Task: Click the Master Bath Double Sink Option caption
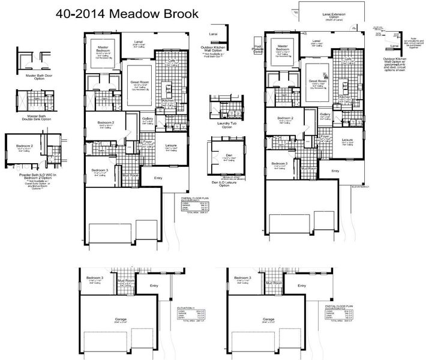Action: [32, 118]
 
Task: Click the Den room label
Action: [229, 155]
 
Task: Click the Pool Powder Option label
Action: [258, 49]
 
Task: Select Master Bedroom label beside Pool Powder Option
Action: [281, 47]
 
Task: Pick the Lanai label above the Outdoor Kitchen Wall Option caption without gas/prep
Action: [214, 35]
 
